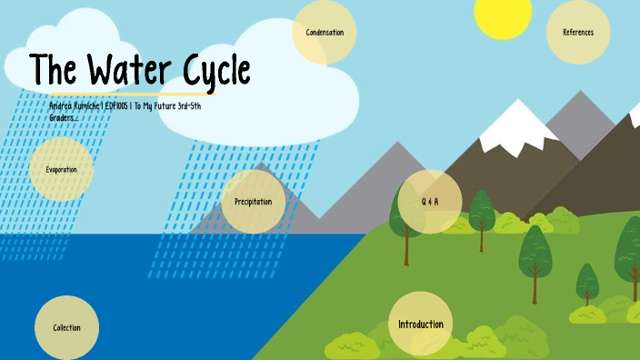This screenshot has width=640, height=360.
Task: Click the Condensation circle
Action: tap(325, 33)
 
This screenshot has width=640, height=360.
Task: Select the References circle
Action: tap(578, 33)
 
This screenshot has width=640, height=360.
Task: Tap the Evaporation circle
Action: tap(62, 169)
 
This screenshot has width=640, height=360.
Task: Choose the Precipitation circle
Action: tap(253, 201)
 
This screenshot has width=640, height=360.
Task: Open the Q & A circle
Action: tap(429, 201)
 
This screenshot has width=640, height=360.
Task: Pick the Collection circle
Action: tap(67, 327)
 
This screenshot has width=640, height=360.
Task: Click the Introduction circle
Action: tap(421, 325)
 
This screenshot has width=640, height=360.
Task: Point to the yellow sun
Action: tap(502, 15)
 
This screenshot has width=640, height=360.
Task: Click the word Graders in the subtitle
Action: tap(63, 117)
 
